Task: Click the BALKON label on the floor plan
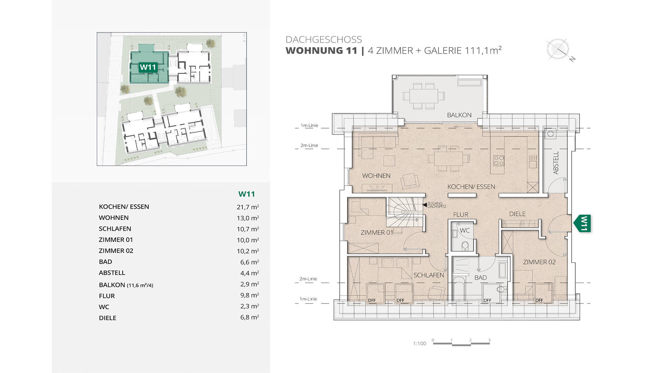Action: (459, 115)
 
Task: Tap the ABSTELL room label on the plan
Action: (556, 163)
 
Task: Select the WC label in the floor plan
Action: (465, 230)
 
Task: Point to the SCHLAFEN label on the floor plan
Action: (429, 275)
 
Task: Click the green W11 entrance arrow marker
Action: (583, 223)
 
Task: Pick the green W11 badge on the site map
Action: (148, 67)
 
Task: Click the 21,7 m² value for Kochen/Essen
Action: (248, 207)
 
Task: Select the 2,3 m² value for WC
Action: (250, 306)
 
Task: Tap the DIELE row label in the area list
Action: (107, 318)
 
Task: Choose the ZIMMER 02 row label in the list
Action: (116, 251)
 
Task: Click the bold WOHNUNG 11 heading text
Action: (321, 50)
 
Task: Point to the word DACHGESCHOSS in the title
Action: (324, 39)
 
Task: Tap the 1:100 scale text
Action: (420, 343)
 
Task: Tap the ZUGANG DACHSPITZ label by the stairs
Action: (437, 205)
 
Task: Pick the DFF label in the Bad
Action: (488, 300)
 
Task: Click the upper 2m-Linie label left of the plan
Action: (309, 145)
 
